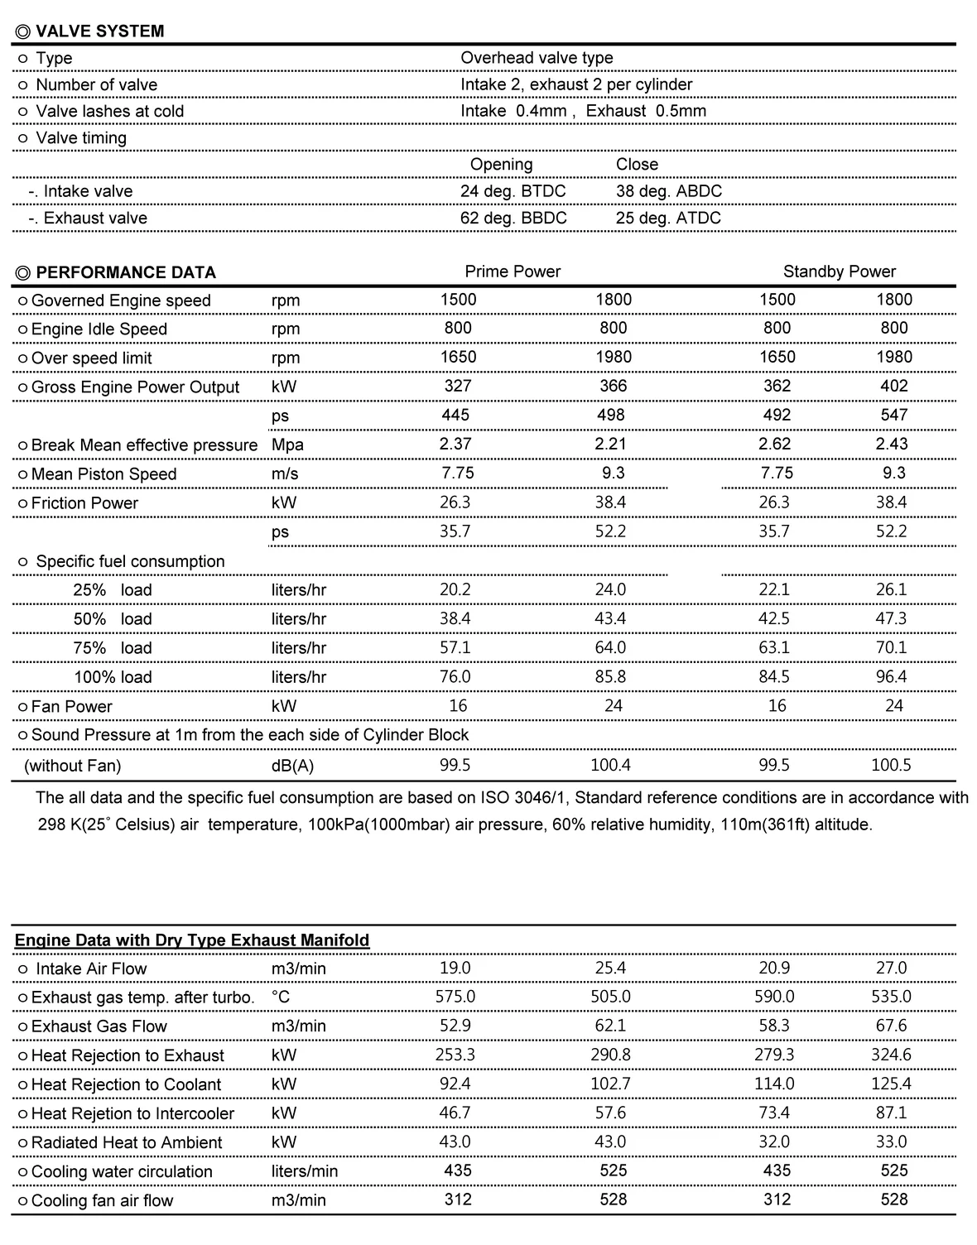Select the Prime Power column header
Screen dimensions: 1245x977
pyautogui.click(x=513, y=272)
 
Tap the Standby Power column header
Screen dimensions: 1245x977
pyautogui.click(x=839, y=272)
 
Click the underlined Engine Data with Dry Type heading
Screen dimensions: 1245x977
pyautogui.click(x=192, y=940)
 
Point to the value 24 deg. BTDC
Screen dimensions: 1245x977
pyautogui.click(x=513, y=191)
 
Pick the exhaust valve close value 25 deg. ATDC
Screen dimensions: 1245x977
pyautogui.click(x=668, y=219)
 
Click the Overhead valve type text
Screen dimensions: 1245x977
pyautogui.click(x=537, y=58)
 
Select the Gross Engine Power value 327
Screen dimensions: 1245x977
pyautogui.click(x=458, y=386)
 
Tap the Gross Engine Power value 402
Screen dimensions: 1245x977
pyautogui.click(x=893, y=386)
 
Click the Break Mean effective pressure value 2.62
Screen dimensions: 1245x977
pyautogui.click(x=774, y=444)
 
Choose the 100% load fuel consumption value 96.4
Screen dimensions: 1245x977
pyautogui.click(x=891, y=676)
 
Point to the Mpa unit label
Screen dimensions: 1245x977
pyautogui.click(x=287, y=445)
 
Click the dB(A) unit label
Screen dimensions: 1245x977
pyautogui.click(x=292, y=766)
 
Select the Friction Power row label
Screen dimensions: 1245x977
pyautogui.click(x=84, y=503)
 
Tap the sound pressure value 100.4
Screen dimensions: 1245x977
pyautogui.click(x=610, y=765)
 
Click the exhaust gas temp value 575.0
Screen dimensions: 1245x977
pyautogui.click(x=455, y=997)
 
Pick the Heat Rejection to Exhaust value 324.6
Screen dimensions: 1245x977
pyautogui.click(x=891, y=1055)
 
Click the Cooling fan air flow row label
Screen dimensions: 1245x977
pyautogui.click(x=102, y=1200)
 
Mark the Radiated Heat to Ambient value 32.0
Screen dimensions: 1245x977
pyautogui.click(x=774, y=1142)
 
